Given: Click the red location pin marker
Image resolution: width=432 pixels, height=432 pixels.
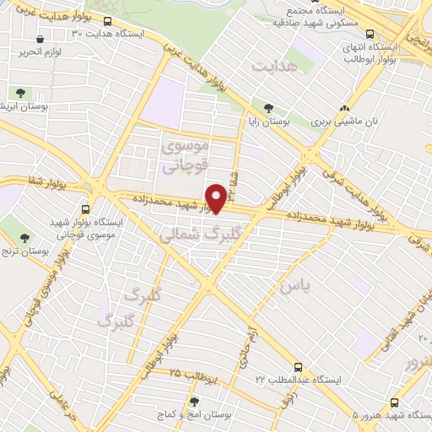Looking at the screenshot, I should tap(216, 198).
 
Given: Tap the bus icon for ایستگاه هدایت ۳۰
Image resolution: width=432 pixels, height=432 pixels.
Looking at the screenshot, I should tap(107, 21).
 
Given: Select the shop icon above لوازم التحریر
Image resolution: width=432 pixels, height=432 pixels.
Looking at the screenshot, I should tap(41, 39).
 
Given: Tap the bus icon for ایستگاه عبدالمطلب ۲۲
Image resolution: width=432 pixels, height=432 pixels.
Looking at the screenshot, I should tap(298, 367).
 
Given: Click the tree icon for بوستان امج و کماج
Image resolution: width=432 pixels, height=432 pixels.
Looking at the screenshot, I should tap(195, 402).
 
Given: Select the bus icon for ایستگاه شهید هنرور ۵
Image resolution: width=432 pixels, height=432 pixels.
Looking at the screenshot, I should tap(392, 402).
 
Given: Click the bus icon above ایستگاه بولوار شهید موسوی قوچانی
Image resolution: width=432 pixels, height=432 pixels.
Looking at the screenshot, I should tap(86, 209).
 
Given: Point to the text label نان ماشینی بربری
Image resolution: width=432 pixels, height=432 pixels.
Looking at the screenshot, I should tap(343, 122).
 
